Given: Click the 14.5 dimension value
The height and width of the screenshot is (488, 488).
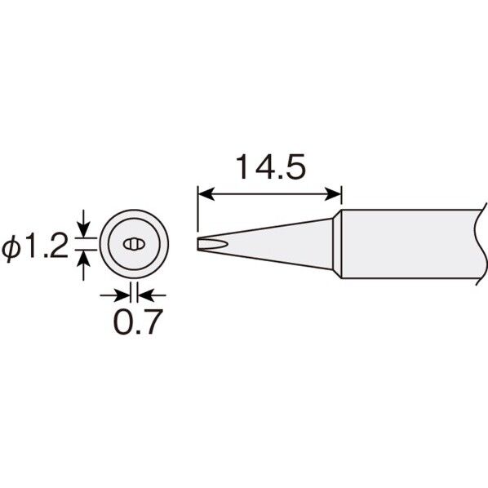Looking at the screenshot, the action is coord(271,166).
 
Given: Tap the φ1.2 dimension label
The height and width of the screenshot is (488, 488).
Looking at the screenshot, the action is coord(34,246).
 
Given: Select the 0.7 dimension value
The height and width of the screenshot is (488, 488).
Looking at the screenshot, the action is coord(138,322).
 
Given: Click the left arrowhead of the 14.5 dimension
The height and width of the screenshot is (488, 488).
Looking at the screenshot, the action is coord(206,194).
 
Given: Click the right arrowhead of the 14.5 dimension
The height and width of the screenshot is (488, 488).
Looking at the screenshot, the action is coord(333,194).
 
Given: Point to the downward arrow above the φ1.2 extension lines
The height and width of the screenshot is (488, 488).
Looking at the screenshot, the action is coord(83,224).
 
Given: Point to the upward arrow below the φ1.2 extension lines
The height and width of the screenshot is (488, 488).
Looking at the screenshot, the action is coord(83,265).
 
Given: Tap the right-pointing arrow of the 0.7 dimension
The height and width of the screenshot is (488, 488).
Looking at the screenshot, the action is coord(115,295).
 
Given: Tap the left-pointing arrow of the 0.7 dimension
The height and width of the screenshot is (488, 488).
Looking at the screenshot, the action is coord(152,295).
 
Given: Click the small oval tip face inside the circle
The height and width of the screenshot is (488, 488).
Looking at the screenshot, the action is coord(134,244).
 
